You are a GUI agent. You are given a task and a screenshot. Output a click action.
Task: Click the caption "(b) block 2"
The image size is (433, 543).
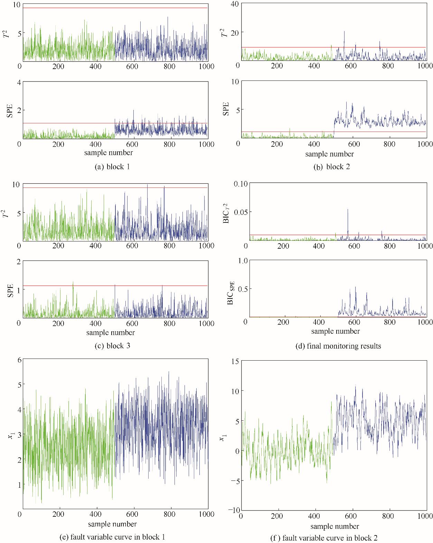click(331, 167)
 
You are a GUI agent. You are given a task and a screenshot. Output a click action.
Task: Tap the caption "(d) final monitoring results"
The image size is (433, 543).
click(338, 346)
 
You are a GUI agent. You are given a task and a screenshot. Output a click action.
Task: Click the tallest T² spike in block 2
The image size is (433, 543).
click(344, 32)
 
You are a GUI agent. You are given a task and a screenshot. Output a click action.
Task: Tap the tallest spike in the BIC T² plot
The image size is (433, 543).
click(348, 210)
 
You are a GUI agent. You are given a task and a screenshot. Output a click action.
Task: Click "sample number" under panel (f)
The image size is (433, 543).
click(335, 526)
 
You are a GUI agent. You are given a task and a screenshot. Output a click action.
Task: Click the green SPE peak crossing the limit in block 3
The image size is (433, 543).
click(73, 283)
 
